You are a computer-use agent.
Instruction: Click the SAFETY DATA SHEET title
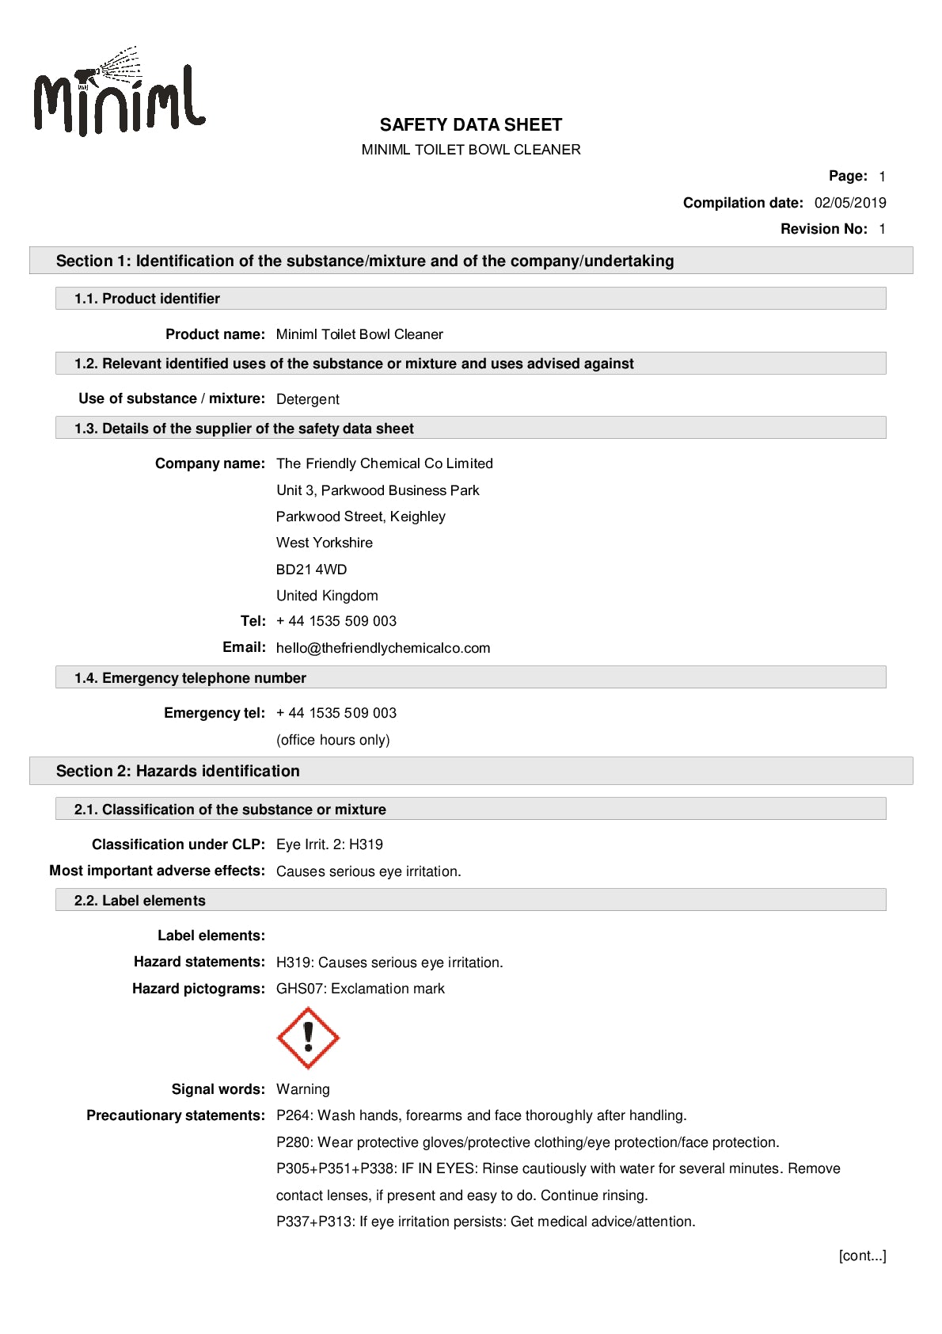(x=470, y=125)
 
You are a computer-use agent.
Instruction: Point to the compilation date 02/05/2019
(x=849, y=203)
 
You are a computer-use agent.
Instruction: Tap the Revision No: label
(x=823, y=229)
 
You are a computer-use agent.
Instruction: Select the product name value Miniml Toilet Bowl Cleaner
(x=359, y=334)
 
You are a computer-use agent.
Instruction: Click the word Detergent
(x=307, y=399)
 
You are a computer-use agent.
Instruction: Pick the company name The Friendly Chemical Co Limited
(x=384, y=463)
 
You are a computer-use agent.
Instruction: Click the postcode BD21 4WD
(x=311, y=570)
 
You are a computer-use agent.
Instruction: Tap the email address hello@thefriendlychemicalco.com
(x=383, y=648)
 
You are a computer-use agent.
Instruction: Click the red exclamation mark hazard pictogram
(x=308, y=1038)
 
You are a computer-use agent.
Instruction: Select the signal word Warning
(x=302, y=1089)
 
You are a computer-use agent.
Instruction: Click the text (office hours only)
(x=332, y=740)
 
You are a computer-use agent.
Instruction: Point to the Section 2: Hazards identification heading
(x=178, y=771)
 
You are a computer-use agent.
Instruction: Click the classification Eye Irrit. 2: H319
(x=329, y=844)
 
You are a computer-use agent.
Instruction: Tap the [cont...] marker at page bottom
(x=862, y=1256)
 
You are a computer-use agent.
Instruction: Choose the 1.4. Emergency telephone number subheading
(x=190, y=678)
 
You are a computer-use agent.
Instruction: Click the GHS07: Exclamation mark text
(x=360, y=989)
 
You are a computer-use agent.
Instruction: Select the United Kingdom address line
(x=327, y=596)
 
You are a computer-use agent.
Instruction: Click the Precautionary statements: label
(x=175, y=1115)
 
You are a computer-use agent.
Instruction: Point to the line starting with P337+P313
(x=485, y=1222)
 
